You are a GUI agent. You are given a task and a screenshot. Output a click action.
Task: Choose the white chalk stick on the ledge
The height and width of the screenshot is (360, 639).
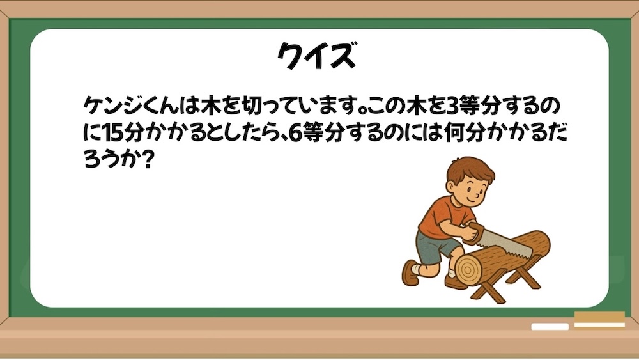click(x=549, y=327)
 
